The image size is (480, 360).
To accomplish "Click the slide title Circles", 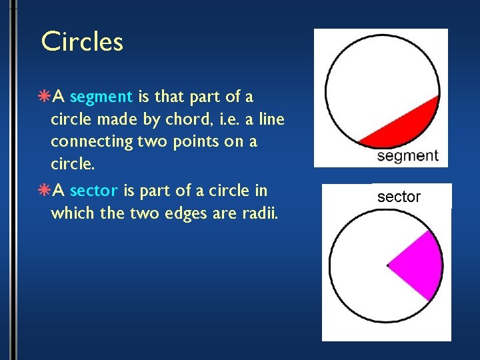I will (82, 41).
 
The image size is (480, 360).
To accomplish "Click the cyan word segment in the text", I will (101, 97).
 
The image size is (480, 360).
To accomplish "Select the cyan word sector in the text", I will (94, 191).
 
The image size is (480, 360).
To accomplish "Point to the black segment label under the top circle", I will (407, 156).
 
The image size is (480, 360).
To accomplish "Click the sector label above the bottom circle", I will (399, 197).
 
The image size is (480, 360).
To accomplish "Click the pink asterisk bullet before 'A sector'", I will (45, 191).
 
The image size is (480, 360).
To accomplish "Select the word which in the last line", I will (73, 213).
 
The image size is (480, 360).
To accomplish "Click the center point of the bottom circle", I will (388, 265).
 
